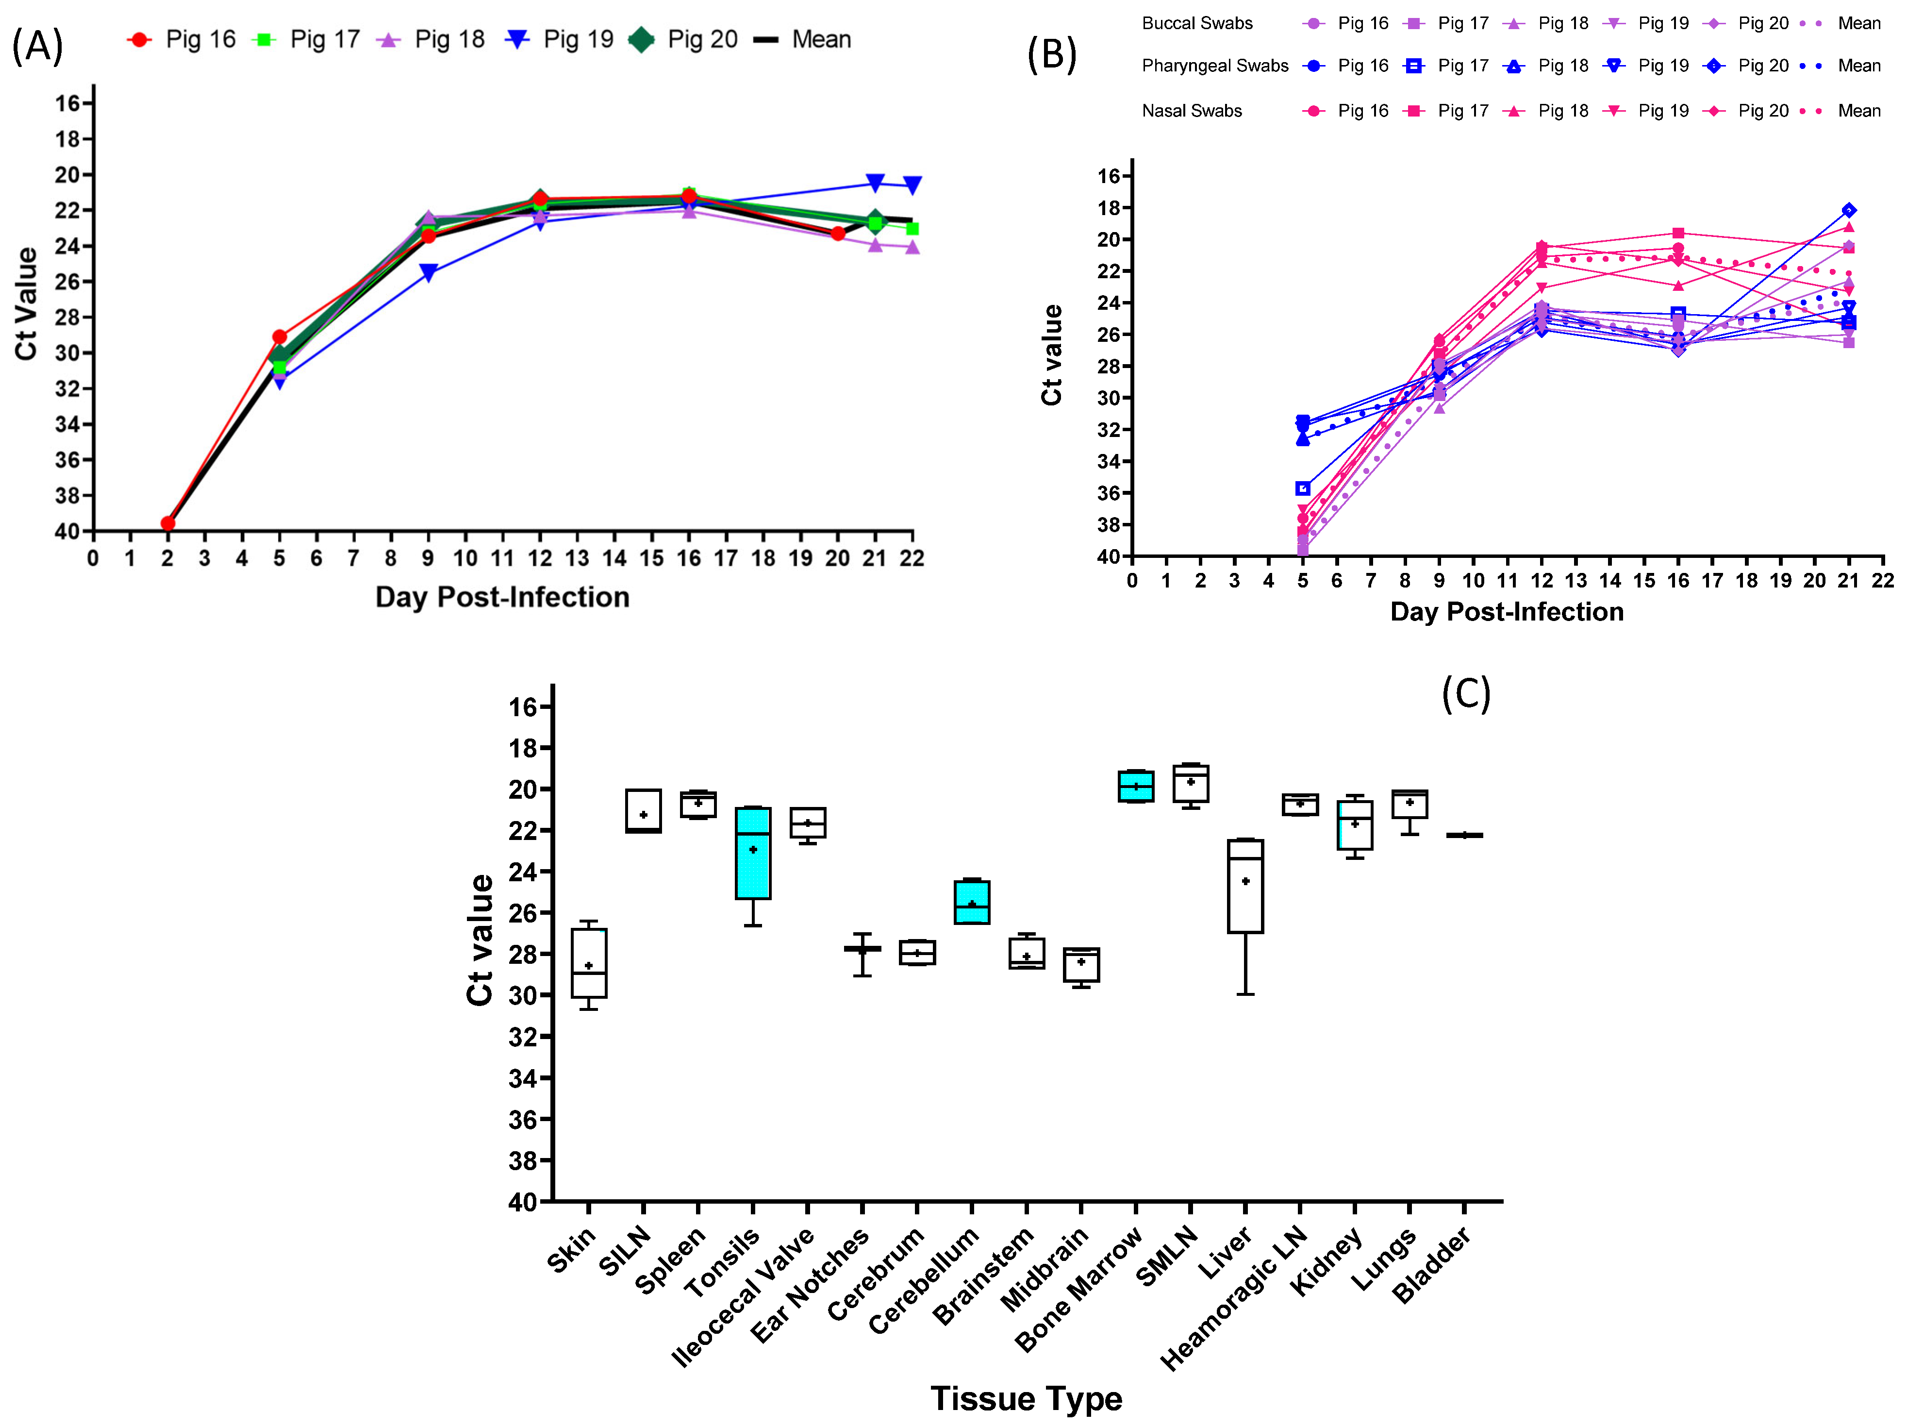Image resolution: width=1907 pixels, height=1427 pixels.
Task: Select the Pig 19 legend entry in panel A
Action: [561, 40]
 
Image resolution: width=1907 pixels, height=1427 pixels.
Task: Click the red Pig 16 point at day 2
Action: [167, 523]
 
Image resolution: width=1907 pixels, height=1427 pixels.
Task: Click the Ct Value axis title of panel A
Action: [26, 303]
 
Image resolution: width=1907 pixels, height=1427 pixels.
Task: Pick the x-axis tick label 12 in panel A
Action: [540, 559]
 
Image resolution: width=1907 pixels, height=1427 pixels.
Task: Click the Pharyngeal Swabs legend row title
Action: [1215, 66]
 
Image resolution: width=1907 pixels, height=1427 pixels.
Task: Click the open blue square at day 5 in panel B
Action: [1303, 489]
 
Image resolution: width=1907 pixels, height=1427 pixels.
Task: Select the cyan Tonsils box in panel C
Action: [753, 854]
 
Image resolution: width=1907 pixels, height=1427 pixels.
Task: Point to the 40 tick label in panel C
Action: [522, 1202]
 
